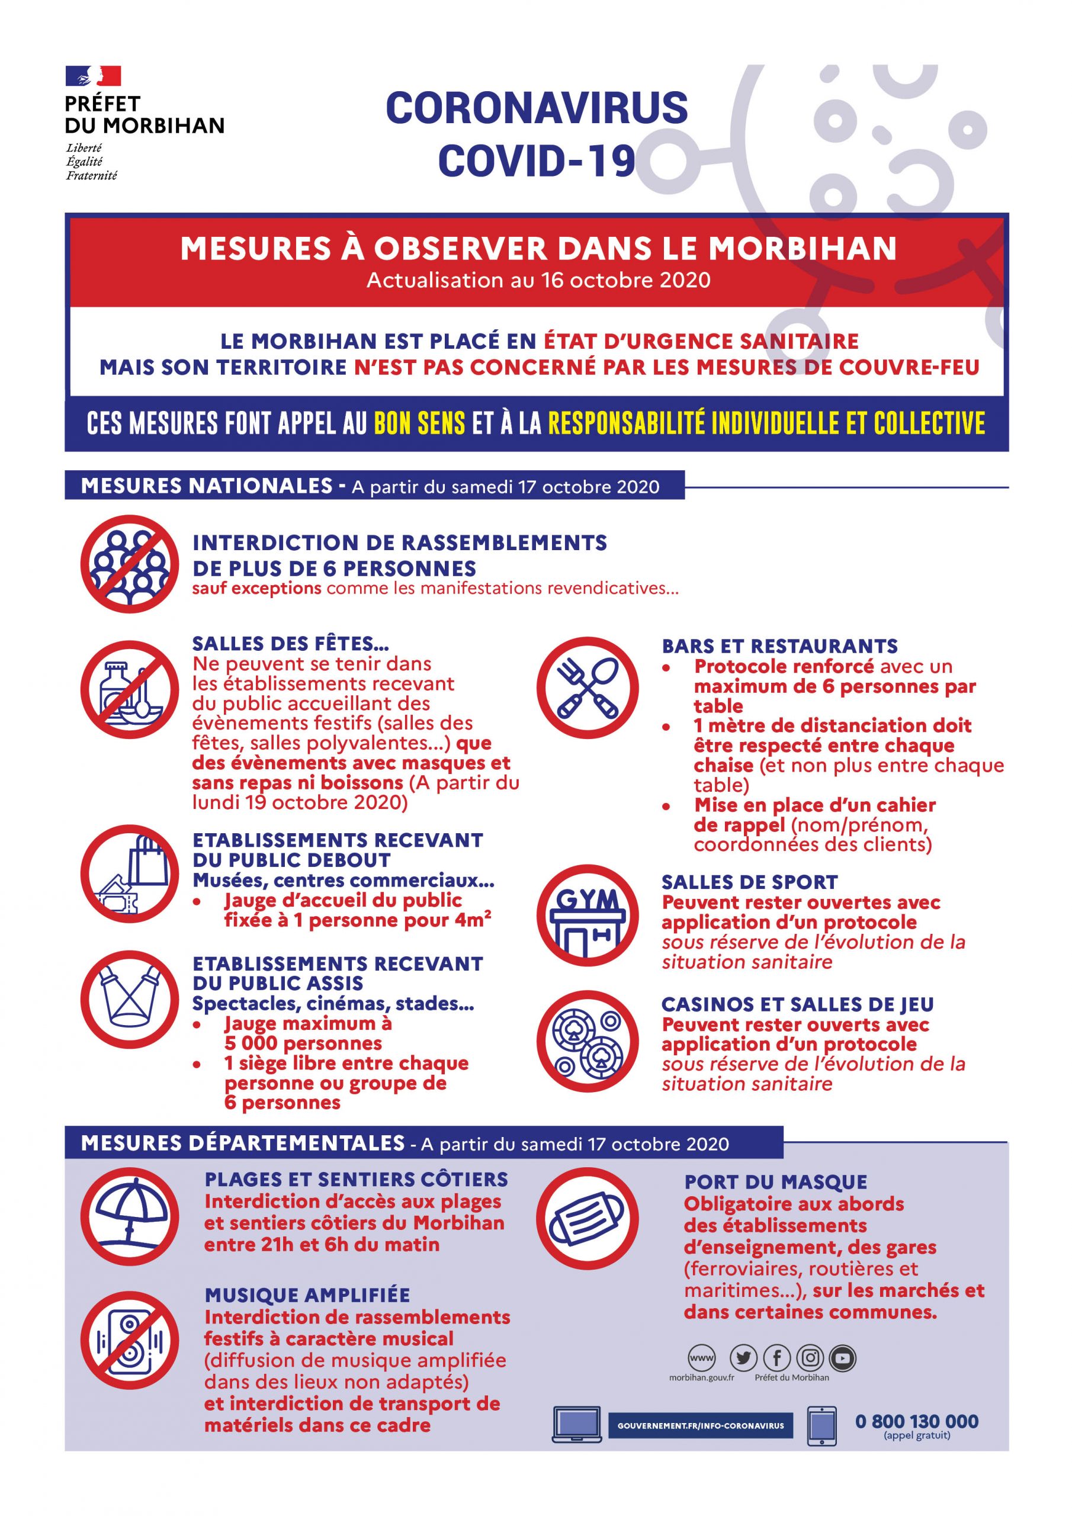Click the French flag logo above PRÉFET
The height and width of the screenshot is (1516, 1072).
93,76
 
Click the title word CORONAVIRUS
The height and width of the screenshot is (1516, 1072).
537,108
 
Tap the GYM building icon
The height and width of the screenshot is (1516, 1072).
587,916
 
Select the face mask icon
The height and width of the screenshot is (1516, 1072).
587,1218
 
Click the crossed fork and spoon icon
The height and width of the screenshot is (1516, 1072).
587,688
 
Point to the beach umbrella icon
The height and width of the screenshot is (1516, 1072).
130,1216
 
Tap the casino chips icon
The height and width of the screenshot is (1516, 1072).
587,1042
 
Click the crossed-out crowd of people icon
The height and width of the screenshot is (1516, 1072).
130,564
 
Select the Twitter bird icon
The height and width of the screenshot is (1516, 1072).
743,1358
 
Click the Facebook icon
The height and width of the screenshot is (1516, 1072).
776,1358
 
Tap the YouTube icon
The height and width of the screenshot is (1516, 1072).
843,1358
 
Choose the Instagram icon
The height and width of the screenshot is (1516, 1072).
810,1358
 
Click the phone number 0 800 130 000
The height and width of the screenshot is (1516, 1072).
917,1422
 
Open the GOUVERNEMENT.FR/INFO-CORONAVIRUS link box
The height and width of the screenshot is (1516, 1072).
700,1425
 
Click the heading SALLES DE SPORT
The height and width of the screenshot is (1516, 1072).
750,882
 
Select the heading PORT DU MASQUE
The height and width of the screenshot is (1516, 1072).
775,1182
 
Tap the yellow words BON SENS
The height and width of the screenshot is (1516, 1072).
419,423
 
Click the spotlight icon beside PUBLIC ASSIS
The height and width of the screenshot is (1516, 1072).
130,1000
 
